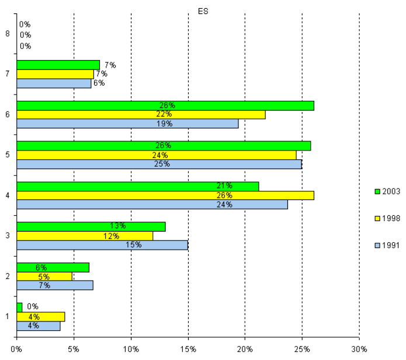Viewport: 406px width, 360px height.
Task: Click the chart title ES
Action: point(203,11)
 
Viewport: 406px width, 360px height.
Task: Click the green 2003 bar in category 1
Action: point(19,307)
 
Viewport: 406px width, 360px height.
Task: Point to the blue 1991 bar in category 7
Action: point(54,83)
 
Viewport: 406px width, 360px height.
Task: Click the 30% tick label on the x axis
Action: point(359,349)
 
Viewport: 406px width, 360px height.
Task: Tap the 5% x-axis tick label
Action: point(74,349)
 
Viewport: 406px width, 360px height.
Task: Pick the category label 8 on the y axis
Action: point(7,34)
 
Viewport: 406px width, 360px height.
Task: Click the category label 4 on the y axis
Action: point(7,195)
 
